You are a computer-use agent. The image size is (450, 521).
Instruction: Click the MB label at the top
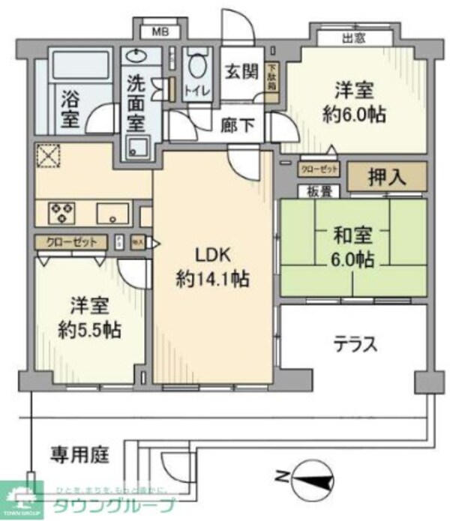click(160, 31)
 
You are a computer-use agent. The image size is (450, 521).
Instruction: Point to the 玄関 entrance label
click(241, 72)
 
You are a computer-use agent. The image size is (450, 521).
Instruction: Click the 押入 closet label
click(387, 178)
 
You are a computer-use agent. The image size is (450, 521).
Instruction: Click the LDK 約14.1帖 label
click(213, 267)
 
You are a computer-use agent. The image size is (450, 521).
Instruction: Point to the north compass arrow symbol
click(307, 475)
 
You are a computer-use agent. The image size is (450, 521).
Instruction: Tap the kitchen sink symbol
click(112, 214)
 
